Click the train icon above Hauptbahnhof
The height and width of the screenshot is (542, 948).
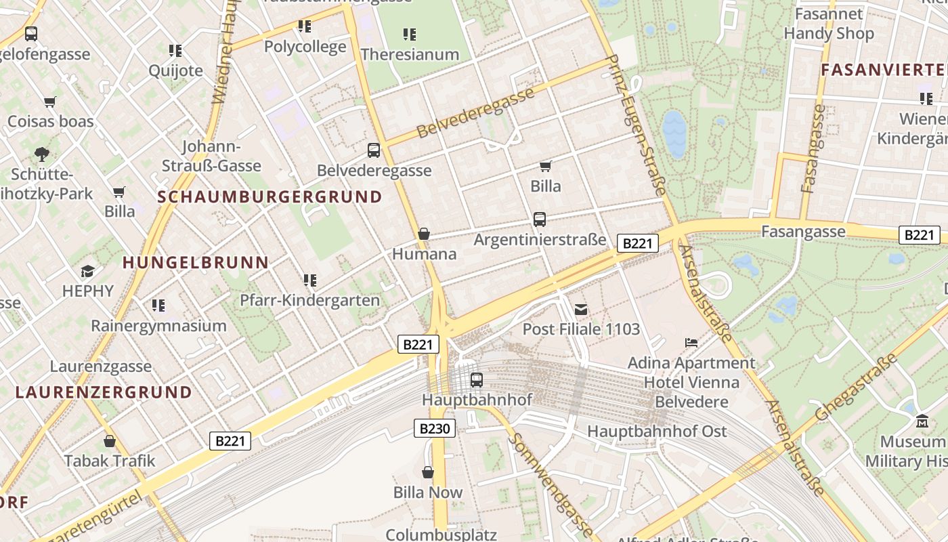477,380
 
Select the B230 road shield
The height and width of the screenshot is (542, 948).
434,428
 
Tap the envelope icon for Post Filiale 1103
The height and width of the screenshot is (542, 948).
580,310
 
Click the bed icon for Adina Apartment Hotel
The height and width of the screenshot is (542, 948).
691,343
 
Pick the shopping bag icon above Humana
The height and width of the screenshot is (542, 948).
424,234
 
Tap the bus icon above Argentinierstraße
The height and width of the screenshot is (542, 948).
539,220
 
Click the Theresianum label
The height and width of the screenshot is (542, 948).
410,54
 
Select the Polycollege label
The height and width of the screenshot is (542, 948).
305,46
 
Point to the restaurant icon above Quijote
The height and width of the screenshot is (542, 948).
175,50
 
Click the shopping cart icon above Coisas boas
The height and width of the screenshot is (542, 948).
49,102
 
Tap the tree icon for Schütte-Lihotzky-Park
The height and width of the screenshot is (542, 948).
42,154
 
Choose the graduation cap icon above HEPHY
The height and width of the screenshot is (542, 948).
87,272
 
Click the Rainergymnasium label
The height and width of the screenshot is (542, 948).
158,326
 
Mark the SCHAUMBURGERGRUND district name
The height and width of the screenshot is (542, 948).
270,197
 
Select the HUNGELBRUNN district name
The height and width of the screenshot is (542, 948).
196,262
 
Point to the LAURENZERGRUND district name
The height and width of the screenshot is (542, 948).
104,392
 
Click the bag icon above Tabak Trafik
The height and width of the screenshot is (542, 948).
110,442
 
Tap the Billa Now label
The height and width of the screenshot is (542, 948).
428,493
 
